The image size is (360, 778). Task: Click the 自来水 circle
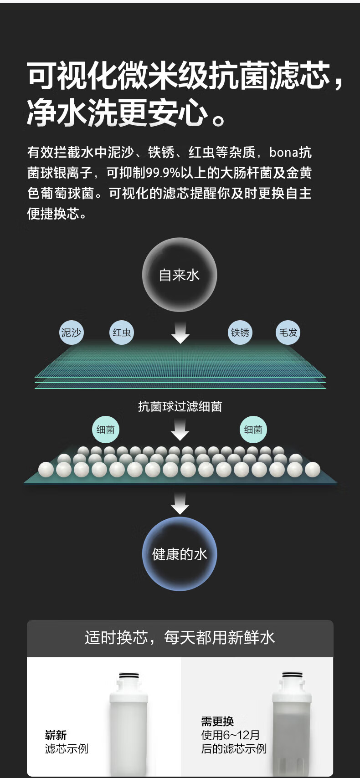(x=179, y=275)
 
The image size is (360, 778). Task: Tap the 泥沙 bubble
(x=71, y=333)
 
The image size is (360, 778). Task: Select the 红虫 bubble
(x=122, y=333)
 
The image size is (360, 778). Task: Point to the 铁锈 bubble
(x=240, y=333)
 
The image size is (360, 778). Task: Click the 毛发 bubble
(x=288, y=333)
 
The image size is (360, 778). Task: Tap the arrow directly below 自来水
(x=180, y=333)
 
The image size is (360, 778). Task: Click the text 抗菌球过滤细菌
(x=180, y=406)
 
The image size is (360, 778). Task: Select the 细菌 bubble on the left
(x=105, y=430)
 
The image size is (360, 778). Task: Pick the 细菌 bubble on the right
(x=253, y=430)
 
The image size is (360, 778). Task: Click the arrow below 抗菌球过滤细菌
(x=180, y=430)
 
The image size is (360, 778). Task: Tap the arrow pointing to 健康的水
(x=180, y=503)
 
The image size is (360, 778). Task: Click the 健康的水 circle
(x=179, y=554)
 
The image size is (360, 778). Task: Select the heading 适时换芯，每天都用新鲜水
(x=180, y=638)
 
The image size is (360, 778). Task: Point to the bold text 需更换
(x=217, y=721)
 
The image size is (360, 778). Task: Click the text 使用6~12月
(x=231, y=735)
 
